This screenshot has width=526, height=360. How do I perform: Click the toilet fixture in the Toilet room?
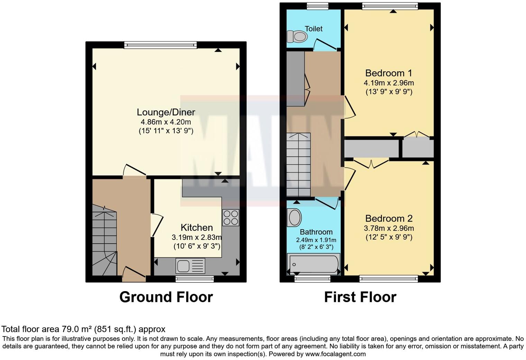(297, 36)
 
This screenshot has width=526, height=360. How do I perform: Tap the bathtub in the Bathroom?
(314, 264)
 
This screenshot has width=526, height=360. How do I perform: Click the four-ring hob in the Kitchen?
(230, 218)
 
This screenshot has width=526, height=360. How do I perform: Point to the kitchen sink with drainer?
(190, 266)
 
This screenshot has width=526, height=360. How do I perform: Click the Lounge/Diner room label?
(166, 112)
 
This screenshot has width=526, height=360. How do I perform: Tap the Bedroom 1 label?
(389, 73)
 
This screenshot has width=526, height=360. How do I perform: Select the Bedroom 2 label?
(389, 218)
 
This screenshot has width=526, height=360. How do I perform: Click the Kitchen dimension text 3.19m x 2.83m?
(197, 237)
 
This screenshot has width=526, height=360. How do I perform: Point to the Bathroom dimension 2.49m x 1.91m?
(316, 240)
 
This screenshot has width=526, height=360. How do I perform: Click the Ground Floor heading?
(166, 297)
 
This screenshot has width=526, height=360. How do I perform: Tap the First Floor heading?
(360, 297)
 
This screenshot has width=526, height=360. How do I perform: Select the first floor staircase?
(299, 165)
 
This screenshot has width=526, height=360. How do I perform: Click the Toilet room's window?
(317, 5)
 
